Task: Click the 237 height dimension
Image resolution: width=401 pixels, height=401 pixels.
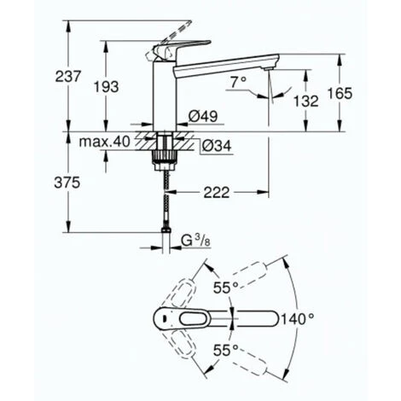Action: (x=68, y=76)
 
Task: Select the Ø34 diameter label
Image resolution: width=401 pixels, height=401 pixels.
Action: (x=215, y=145)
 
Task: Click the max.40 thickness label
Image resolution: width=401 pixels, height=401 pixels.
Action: (x=106, y=142)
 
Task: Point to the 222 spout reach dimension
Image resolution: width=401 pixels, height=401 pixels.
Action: (x=219, y=194)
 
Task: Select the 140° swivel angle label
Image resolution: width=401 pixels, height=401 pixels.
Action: (x=299, y=319)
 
